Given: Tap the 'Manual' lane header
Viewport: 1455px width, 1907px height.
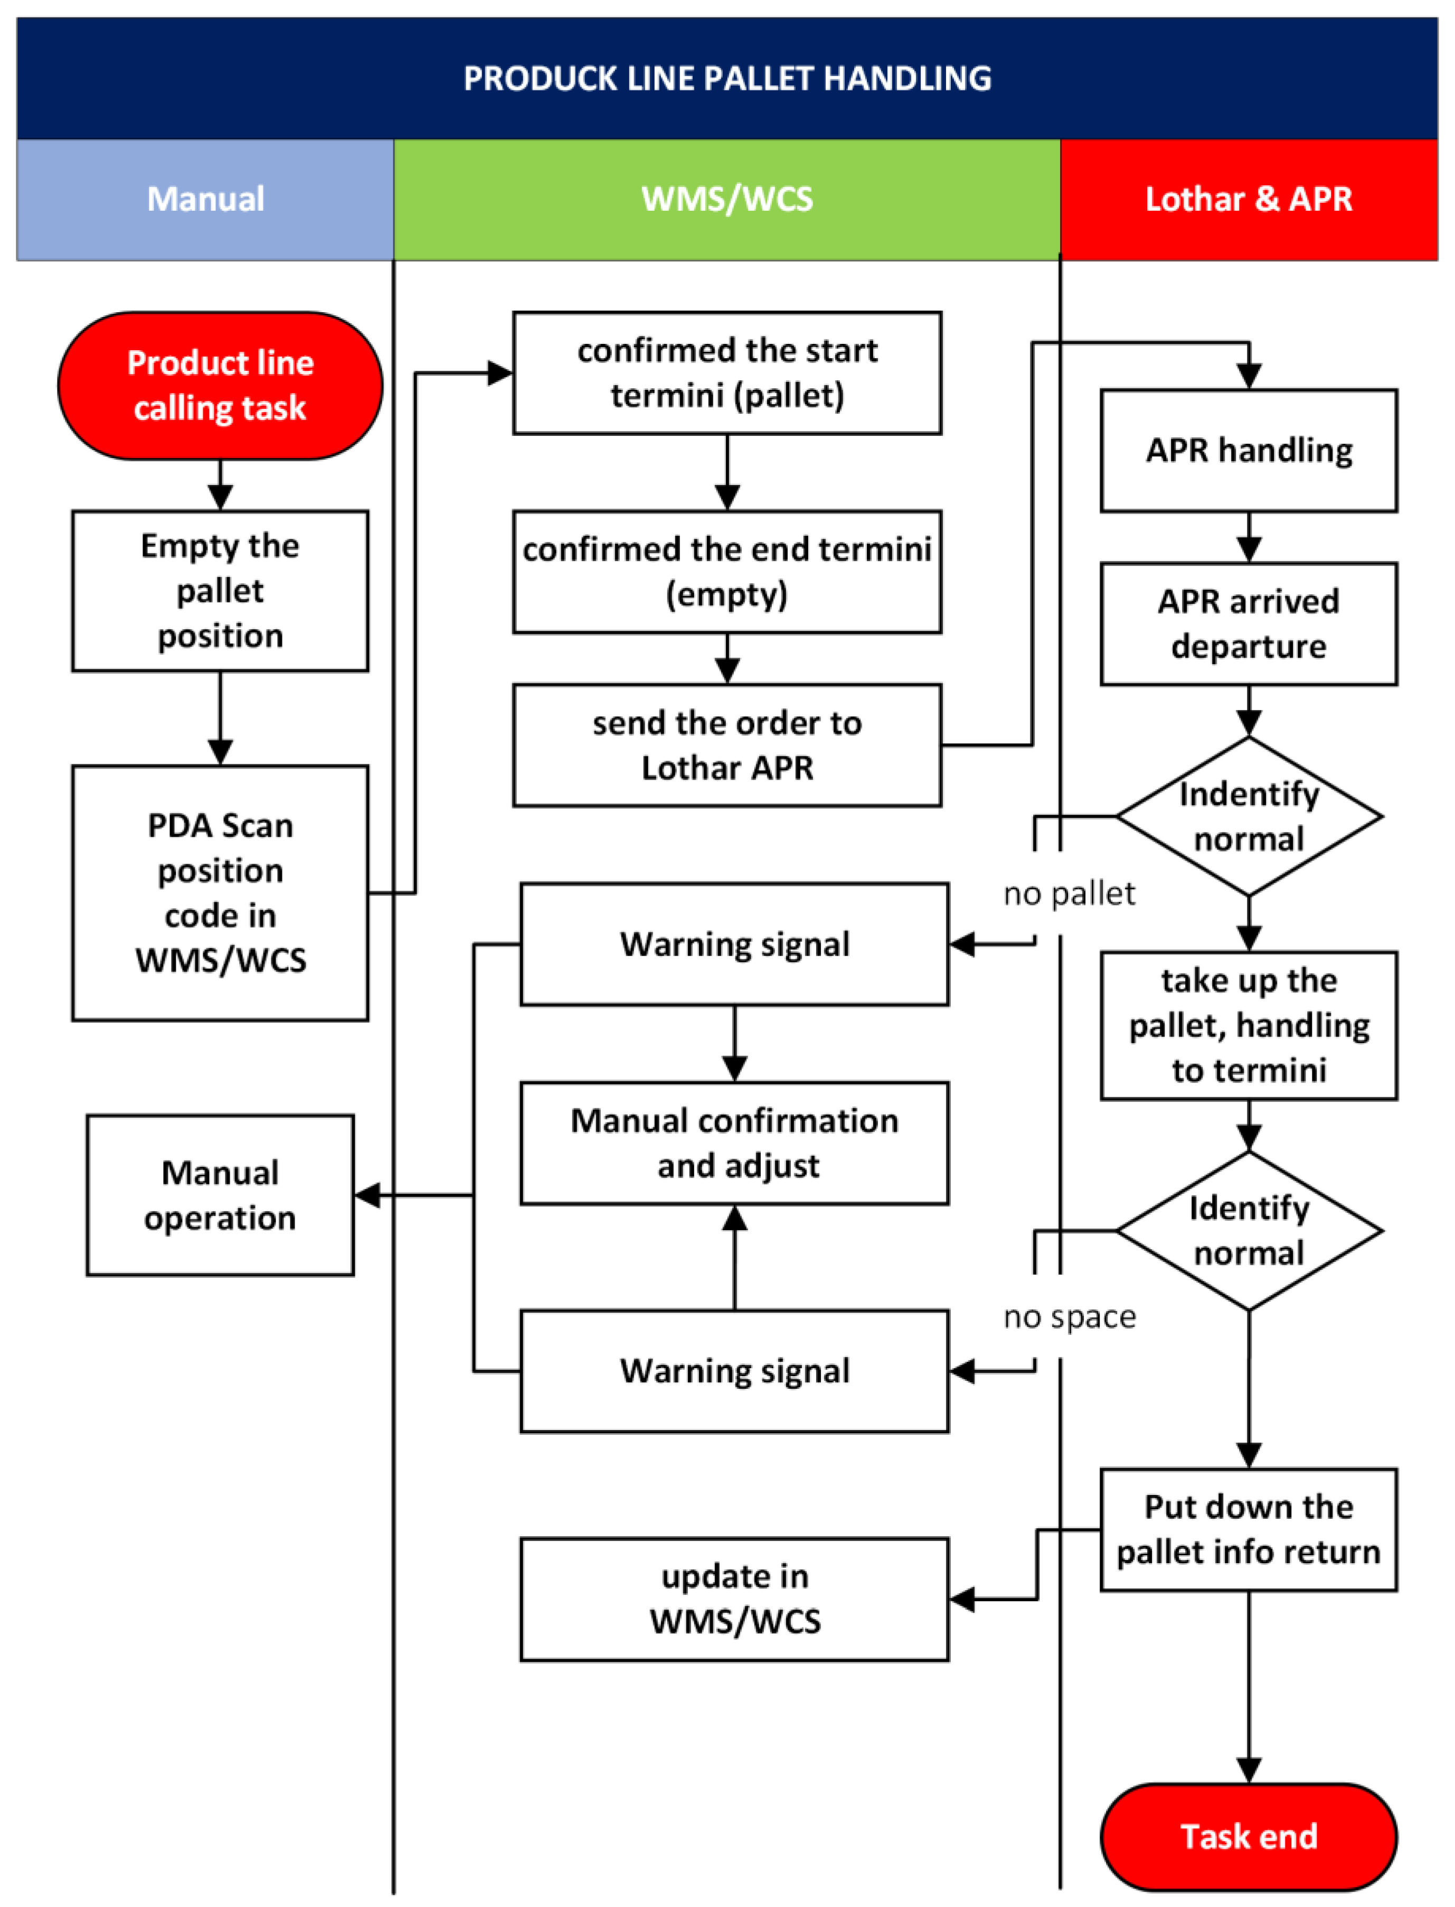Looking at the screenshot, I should coord(205,199).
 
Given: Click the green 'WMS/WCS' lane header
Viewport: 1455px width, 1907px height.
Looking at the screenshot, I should coord(726,199).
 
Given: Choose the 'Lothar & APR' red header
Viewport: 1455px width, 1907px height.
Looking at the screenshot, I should coord(1248,199).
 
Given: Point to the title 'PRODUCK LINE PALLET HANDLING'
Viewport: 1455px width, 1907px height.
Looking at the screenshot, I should coord(726,78).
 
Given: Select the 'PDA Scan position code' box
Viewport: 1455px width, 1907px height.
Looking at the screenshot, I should coord(220,892).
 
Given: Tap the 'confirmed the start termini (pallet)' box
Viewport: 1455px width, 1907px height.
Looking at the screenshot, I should coord(726,372).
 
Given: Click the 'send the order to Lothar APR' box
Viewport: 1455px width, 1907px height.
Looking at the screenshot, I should coord(726,745).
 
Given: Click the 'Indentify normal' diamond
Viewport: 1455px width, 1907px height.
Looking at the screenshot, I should coord(1248,816).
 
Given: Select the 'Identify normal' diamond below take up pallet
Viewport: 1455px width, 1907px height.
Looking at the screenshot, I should coord(1248,1230).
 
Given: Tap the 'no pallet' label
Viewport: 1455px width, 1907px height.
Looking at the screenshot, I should coord(1069,893).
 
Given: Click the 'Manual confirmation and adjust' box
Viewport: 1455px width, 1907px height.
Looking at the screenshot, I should coord(734,1143).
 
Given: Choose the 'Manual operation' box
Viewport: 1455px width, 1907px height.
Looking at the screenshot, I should coord(220,1195).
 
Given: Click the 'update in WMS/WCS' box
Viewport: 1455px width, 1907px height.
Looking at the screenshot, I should coord(734,1598).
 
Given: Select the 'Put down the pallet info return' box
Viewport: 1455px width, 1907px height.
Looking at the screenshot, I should coord(1248,1529).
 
